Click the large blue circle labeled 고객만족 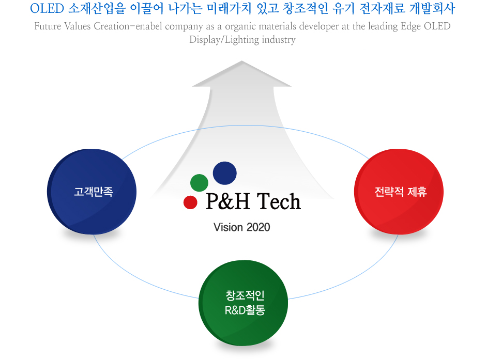(x=92, y=192)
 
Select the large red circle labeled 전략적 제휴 (x=399, y=192)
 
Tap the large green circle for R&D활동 (x=244, y=303)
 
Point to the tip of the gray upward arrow (x=241, y=61)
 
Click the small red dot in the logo (x=190, y=202)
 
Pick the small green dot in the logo (x=199, y=183)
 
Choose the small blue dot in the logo (x=225, y=173)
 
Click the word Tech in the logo (x=279, y=201)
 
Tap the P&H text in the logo (x=228, y=201)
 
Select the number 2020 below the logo (x=259, y=227)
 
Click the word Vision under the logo (x=228, y=227)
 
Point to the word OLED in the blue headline (x=47, y=9)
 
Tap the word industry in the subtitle (x=279, y=40)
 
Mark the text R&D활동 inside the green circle (x=245, y=310)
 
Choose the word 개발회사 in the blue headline (x=432, y=9)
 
